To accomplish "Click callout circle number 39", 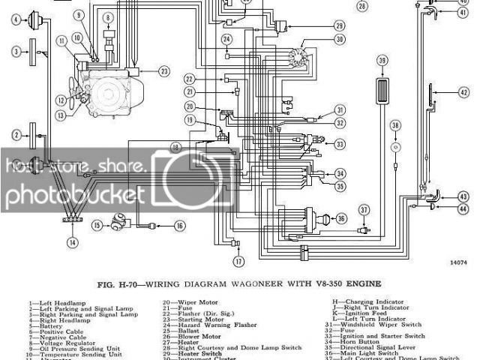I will coord(383,61).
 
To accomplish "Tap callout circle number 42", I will coord(464,92).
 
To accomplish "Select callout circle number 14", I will coord(72,242).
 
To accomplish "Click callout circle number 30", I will coord(340,39).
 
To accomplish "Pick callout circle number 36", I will coord(341,218).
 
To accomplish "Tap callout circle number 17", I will coord(238,262).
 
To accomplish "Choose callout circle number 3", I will coord(15,51).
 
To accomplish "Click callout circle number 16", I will coord(179,225).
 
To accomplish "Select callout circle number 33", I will coord(340,144).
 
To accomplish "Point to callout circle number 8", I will coord(108,16).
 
